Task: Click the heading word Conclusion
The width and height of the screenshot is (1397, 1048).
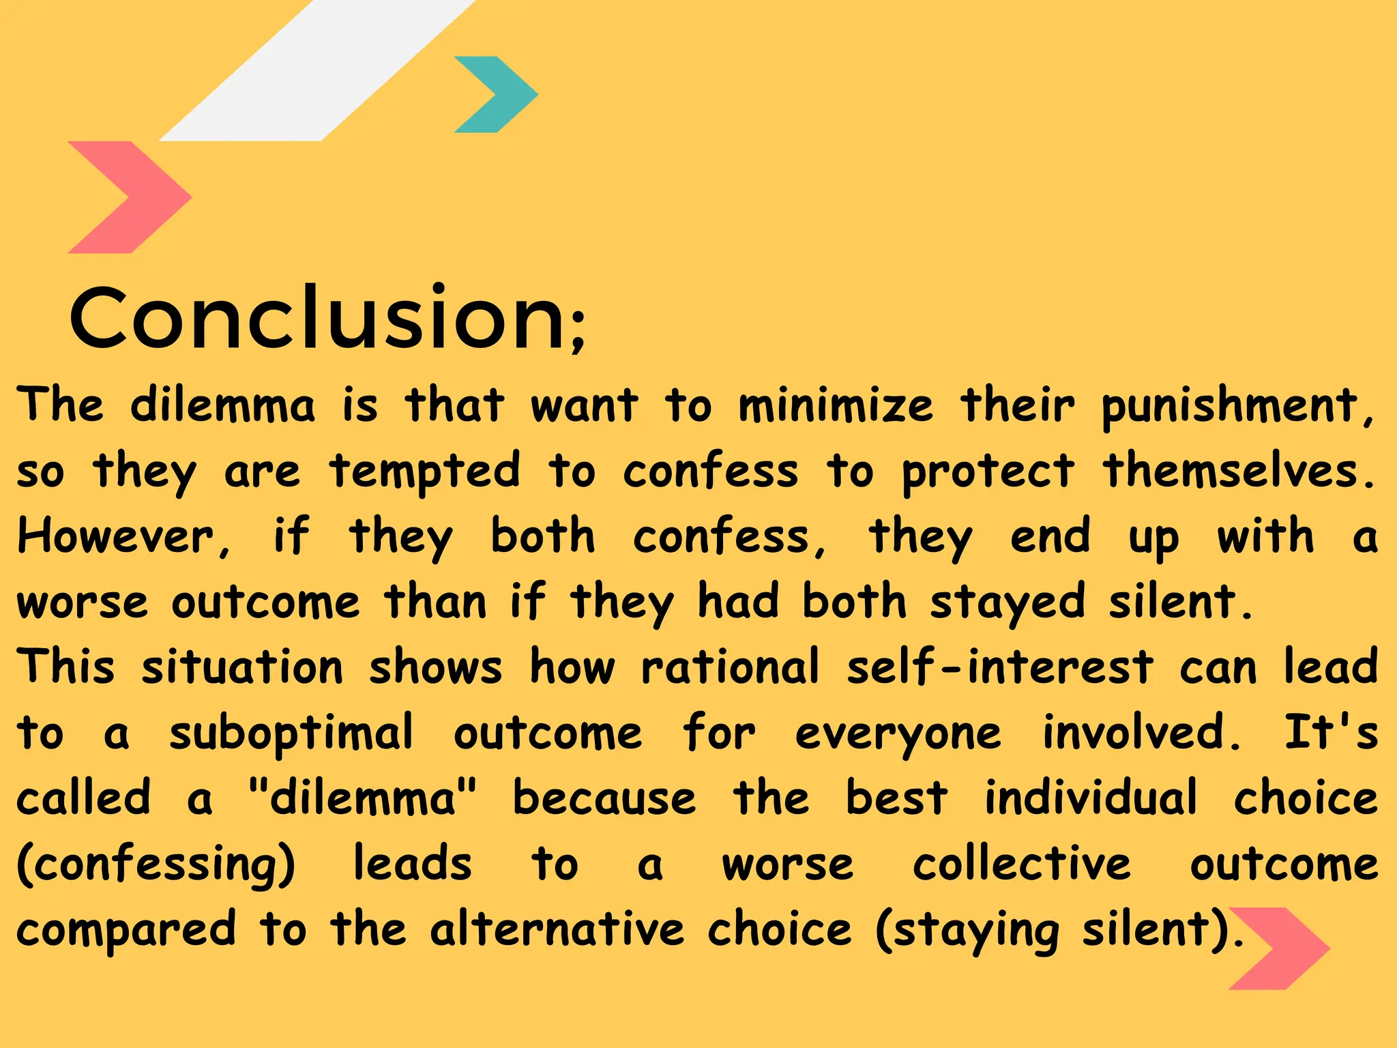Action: point(317,318)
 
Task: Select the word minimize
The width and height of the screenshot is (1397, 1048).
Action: point(836,405)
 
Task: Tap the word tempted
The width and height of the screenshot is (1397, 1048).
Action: point(424,471)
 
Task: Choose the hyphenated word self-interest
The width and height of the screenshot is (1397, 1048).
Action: point(1000,667)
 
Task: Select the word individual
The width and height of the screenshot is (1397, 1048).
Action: point(1091,797)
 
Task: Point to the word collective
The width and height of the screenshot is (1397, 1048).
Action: point(1022,864)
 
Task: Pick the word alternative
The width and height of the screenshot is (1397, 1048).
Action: point(557,929)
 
